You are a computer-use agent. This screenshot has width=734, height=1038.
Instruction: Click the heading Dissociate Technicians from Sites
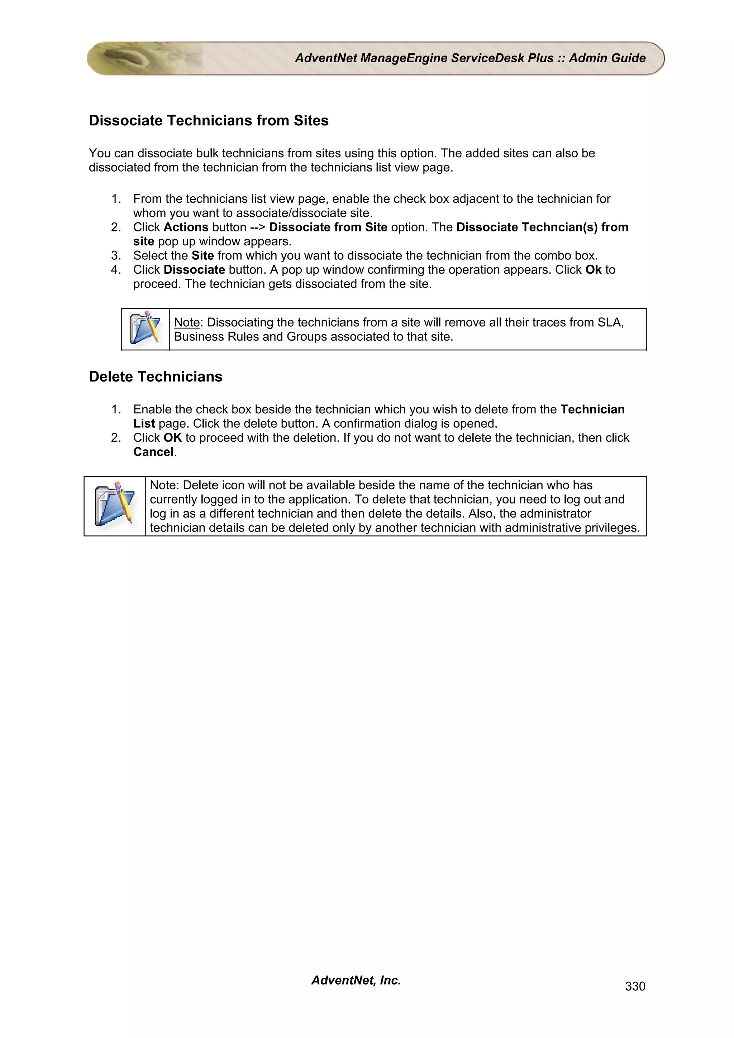point(209,121)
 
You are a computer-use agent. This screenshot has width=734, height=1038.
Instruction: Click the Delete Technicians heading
point(156,376)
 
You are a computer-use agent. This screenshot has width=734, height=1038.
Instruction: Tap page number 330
point(635,986)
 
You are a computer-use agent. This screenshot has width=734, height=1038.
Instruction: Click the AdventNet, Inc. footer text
point(356,980)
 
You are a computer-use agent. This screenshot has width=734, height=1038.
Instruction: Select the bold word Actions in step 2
point(186,227)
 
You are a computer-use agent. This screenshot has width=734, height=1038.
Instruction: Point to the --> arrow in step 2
point(257,227)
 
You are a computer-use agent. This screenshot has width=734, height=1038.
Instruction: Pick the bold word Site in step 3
point(202,255)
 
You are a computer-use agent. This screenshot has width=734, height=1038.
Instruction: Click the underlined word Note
point(186,322)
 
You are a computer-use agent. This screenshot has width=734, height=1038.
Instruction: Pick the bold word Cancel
point(153,452)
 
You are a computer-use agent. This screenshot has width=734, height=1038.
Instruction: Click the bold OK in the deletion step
point(172,438)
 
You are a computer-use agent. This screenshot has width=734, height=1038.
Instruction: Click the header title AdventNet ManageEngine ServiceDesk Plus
point(424,58)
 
